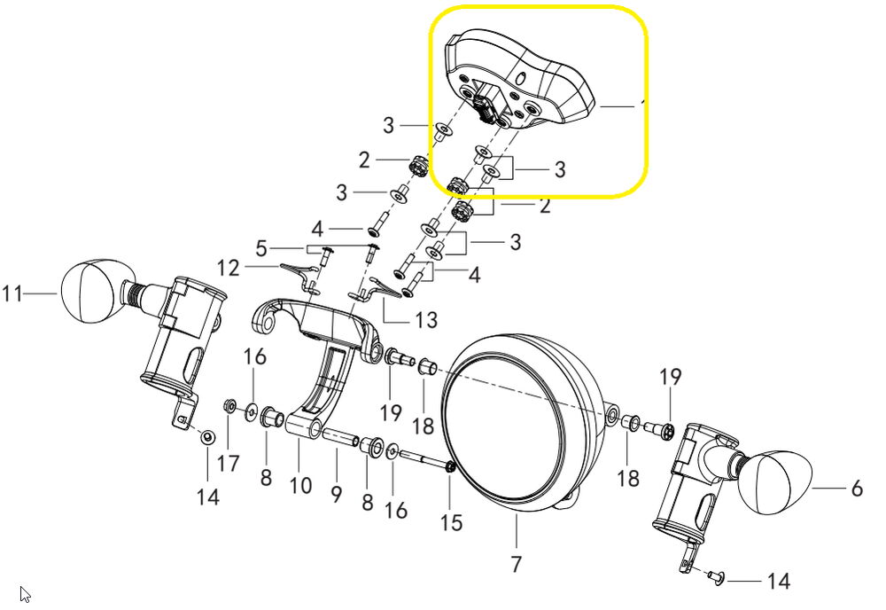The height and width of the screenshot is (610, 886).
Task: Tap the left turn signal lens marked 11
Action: point(89,290)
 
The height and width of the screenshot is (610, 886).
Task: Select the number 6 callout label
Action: point(856,489)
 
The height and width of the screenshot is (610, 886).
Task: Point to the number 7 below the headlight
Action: point(517,563)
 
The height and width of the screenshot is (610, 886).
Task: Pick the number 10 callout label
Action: point(300,485)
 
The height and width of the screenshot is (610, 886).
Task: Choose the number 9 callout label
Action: point(336,495)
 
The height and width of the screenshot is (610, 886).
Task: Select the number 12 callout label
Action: point(229,266)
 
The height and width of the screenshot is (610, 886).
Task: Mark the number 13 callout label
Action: point(425,319)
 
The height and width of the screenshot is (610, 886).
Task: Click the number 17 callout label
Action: point(229,464)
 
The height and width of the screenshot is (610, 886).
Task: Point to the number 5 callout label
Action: point(260,246)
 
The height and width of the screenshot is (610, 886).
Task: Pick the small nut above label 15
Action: point(450,468)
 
